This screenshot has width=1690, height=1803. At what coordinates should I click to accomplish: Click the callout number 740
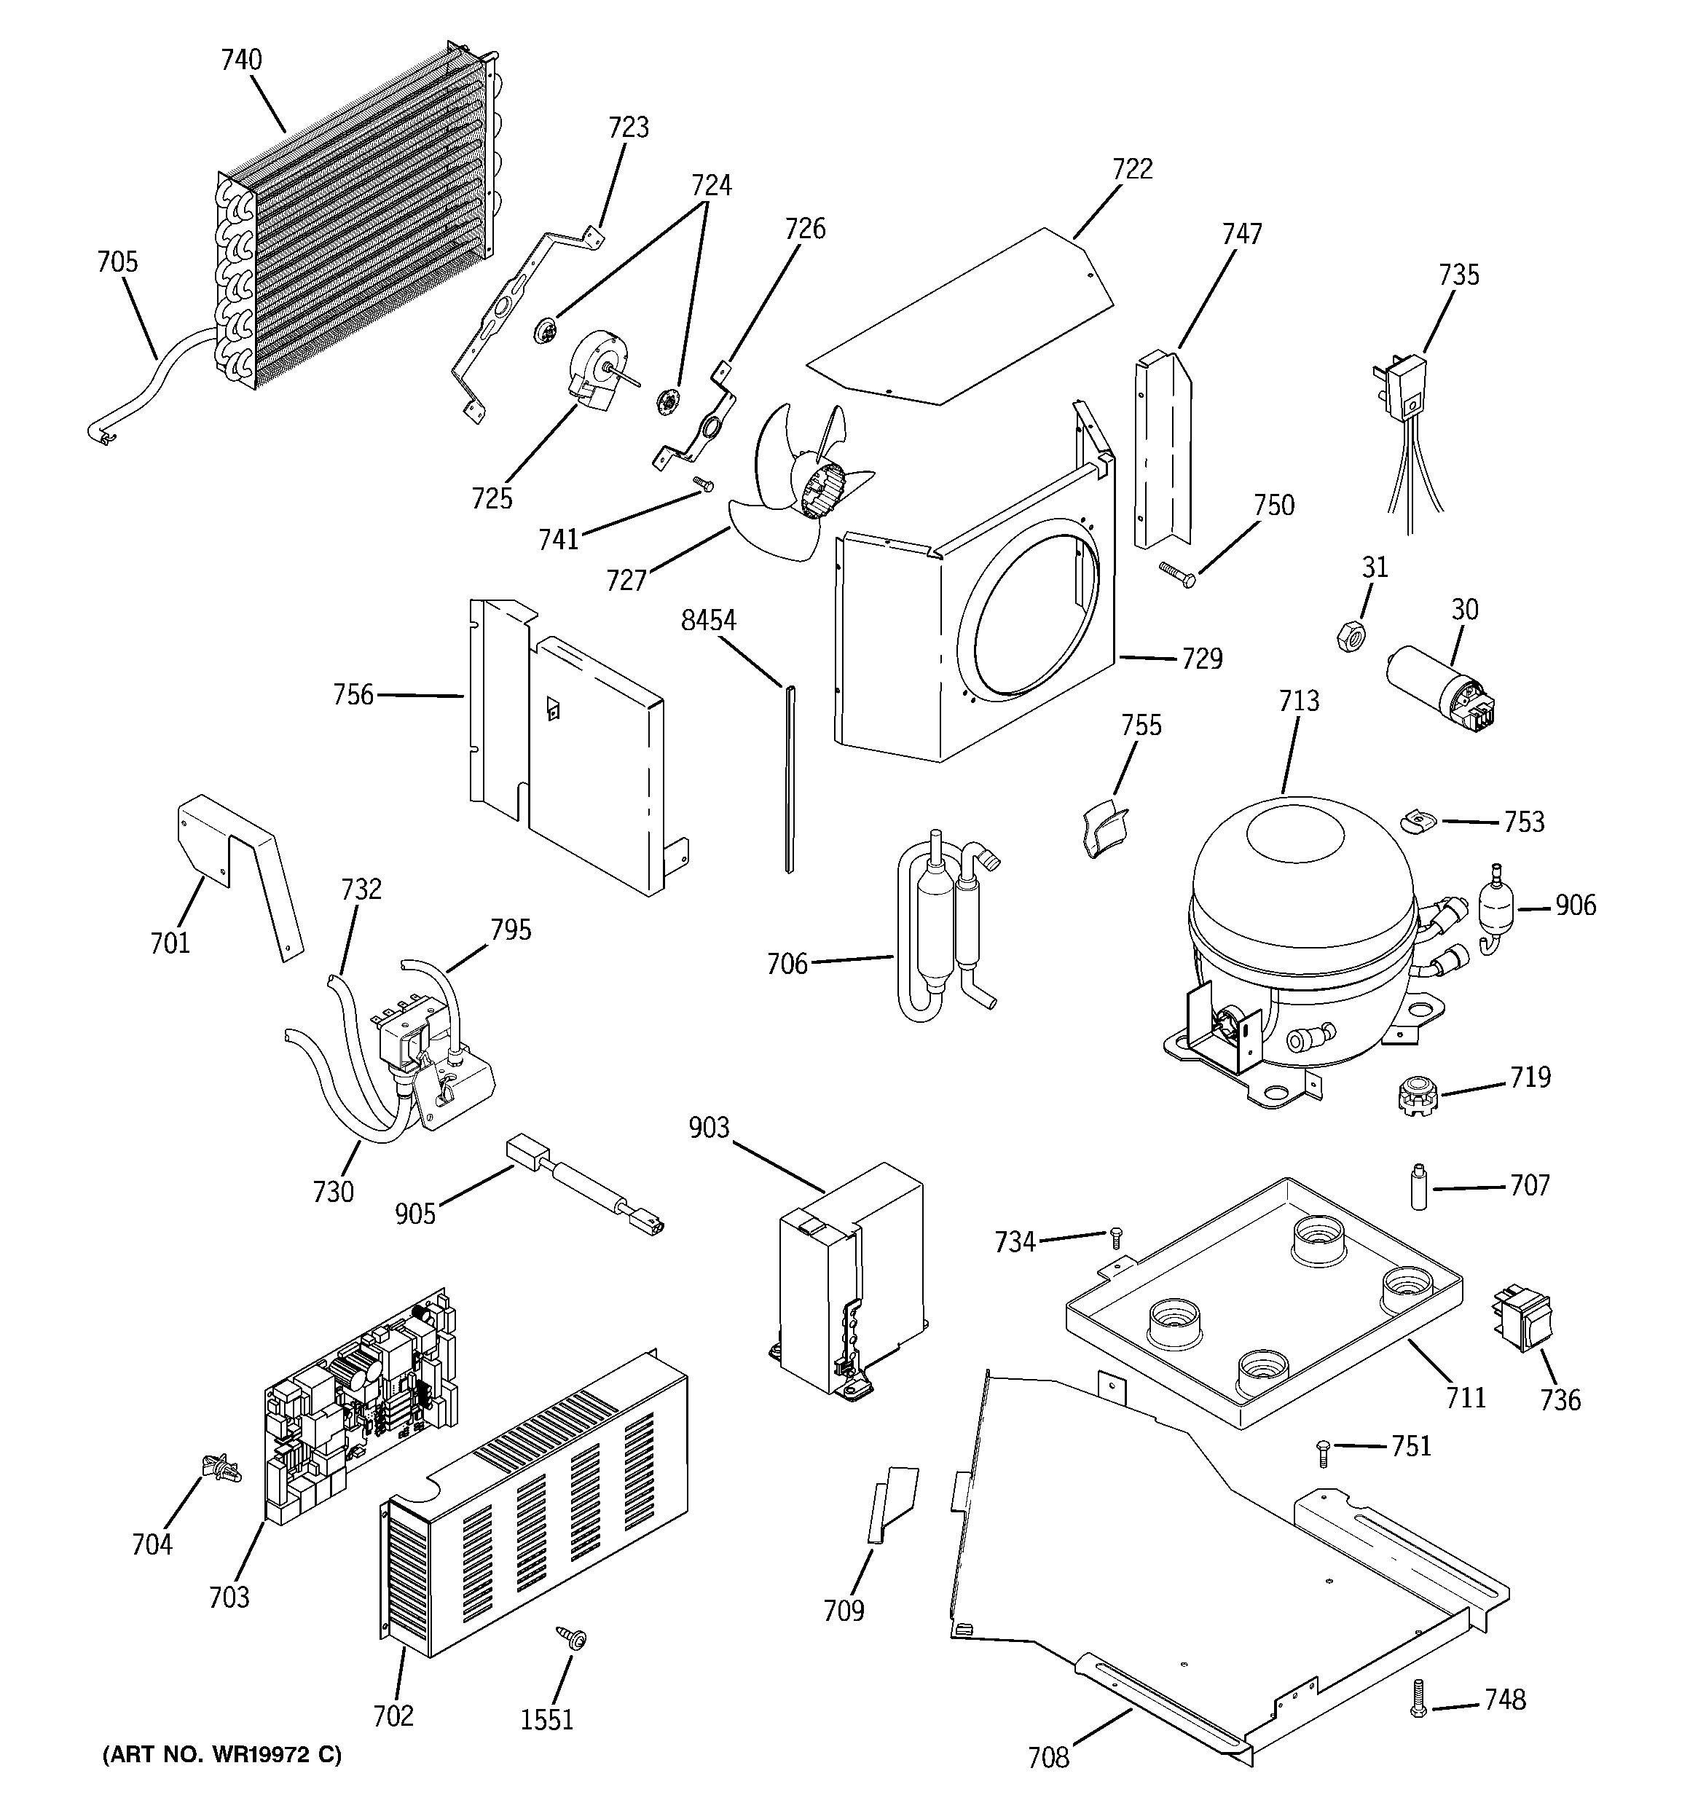click(x=241, y=60)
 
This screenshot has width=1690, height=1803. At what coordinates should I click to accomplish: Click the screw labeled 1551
click(x=573, y=1636)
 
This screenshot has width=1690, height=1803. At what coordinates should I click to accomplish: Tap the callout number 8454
click(x=709, y=621)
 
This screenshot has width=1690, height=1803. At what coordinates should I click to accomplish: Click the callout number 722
click(x=1132, y=170)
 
